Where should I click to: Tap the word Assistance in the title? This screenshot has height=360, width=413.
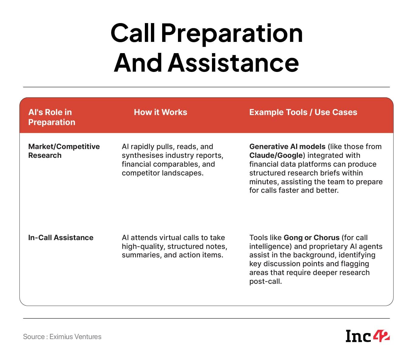point(233,63)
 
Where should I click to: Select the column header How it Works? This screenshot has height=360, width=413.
point(160,112)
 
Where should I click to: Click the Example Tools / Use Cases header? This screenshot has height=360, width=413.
point(303,112)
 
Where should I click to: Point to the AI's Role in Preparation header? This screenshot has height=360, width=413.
point(52,117)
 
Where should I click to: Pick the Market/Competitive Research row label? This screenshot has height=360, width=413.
point(64,151)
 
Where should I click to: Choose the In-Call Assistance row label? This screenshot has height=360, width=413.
point(61,237)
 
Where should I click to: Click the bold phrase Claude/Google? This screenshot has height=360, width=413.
point(276,155)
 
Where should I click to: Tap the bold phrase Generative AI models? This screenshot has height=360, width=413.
point(287,147)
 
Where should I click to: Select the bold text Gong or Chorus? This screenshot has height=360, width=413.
point(312,237)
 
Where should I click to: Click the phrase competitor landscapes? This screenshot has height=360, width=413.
point(162,173)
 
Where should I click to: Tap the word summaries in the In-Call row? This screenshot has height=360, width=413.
point(141,255)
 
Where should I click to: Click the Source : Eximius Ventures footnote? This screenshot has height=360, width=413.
point(62,337)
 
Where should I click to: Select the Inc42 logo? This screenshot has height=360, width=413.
point(367,336)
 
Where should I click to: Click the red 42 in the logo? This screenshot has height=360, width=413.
point(381,336)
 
